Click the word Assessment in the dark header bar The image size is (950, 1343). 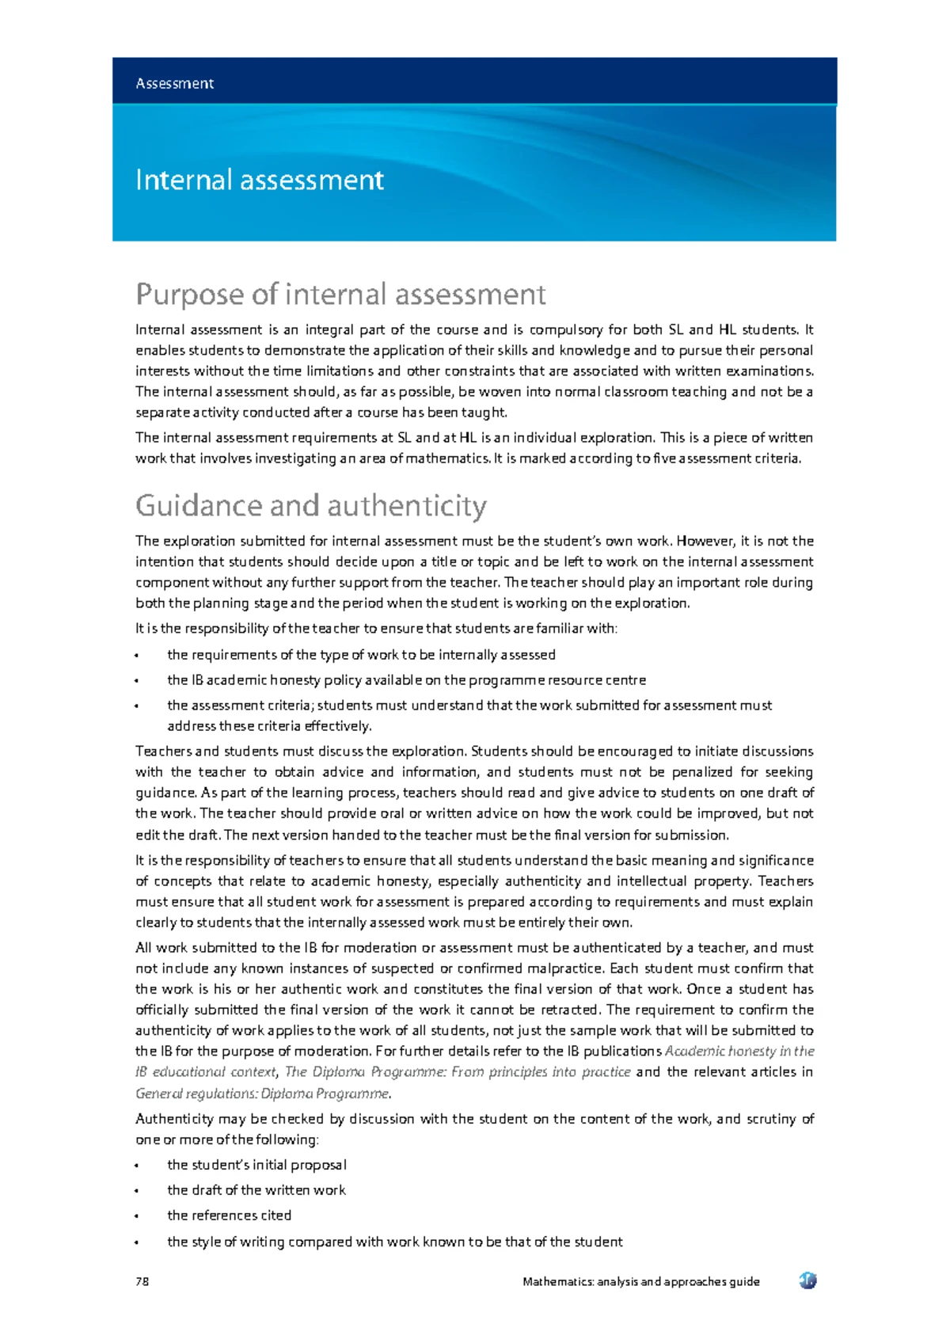[174, 83]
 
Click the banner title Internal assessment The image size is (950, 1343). [260, 181]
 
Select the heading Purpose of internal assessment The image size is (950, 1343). [340, 295]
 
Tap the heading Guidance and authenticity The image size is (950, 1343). [311, 505]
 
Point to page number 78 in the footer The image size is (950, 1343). [142, 1281]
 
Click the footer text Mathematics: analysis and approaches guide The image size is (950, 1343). [640, 1281]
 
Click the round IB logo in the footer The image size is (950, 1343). [807, 1280]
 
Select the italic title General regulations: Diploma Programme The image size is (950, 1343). [263, 1094]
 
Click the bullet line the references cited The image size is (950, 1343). [229, 1215]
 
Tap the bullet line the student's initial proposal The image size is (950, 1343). [256, 1165]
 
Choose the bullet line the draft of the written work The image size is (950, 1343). [256, 1190]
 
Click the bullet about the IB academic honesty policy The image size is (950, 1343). [406, 680]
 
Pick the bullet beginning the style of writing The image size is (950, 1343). [394, 1242]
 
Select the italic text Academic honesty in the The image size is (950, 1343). [739, 1052]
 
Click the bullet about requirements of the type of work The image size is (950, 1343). [361, 655]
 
